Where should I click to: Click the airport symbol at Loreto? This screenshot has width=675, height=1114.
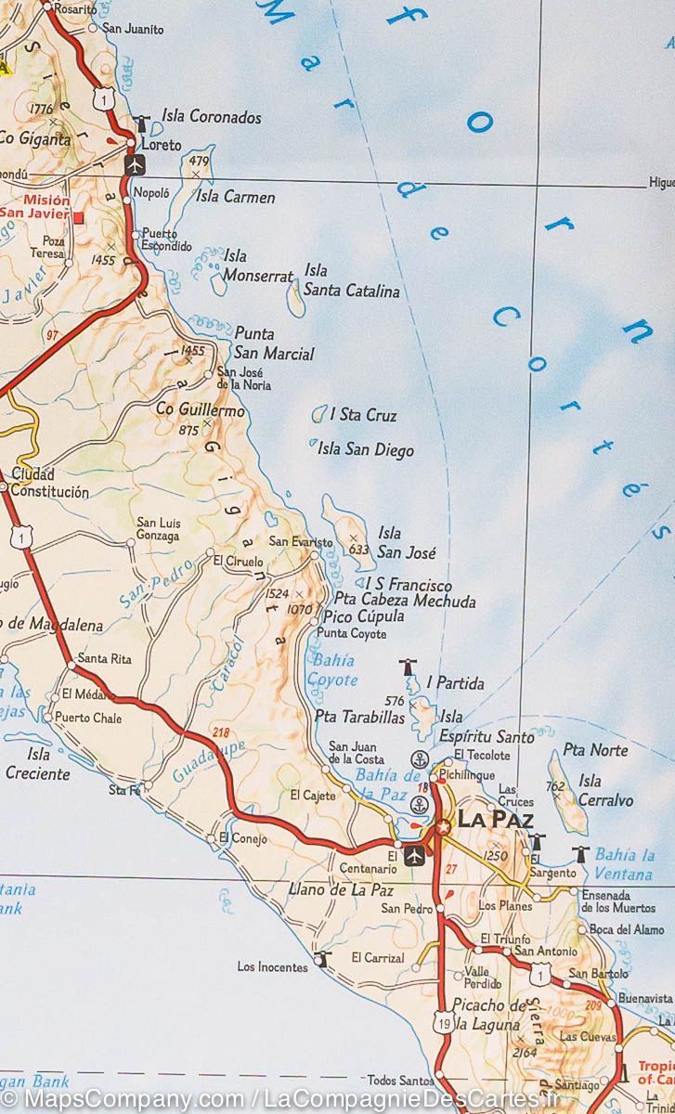136,164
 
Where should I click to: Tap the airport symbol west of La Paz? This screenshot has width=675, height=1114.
415,853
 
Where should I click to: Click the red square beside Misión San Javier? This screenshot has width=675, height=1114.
79,217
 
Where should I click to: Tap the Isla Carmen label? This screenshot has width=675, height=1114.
235,197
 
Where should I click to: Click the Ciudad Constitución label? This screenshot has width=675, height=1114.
50,484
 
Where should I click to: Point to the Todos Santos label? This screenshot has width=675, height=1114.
400,1080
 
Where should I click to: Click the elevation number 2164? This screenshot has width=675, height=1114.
525,1052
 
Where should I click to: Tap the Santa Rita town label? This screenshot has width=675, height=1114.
104,659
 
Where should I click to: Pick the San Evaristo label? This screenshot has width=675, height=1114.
300,541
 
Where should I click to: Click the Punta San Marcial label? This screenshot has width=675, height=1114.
273,343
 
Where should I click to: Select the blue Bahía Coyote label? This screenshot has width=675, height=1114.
331,670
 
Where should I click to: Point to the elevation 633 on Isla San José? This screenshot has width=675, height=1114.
359,549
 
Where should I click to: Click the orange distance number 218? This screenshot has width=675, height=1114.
220,732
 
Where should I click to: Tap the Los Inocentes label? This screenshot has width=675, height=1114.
272,967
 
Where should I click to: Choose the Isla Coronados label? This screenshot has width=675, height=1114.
212,117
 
